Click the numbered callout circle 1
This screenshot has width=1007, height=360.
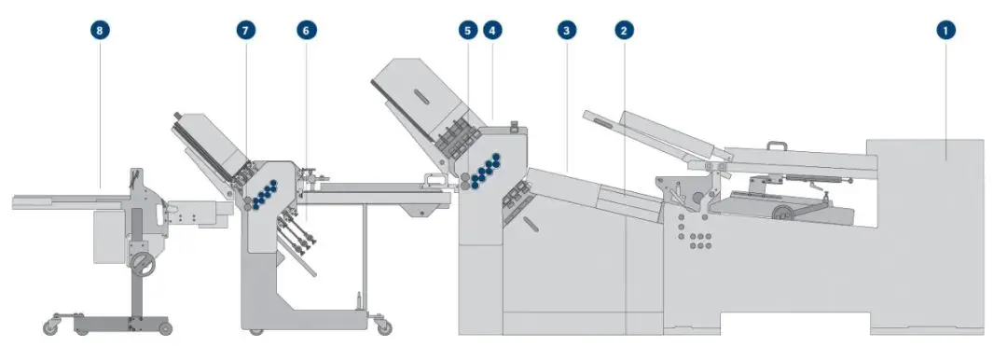(945, 30)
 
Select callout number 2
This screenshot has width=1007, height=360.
(624, 30)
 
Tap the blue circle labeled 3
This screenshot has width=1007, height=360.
(567, 30)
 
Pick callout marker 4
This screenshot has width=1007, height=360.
(492, 30)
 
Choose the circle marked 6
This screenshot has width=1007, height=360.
(307, 30)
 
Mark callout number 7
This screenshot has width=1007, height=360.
(246, 30)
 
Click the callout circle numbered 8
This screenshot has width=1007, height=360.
(100, 30)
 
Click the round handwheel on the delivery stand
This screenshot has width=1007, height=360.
(144, 264)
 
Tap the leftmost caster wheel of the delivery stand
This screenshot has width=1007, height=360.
(50, 327)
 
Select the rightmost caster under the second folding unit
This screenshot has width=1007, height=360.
(383, 327)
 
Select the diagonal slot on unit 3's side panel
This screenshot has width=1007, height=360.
(531, 225)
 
